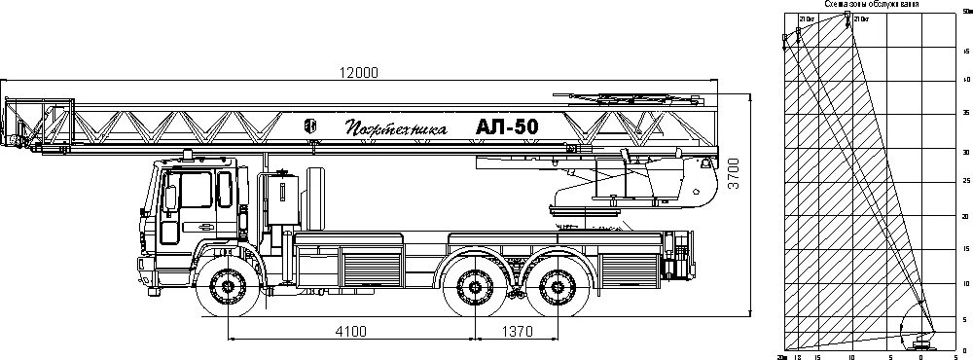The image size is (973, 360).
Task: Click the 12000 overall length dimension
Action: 359,72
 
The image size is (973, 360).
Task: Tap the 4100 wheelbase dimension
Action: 350,331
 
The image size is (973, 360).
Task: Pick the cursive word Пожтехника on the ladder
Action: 395,127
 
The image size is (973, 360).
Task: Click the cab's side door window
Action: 197,191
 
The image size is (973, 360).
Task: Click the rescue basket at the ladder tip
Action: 39,122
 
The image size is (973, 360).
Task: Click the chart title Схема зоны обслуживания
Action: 873,5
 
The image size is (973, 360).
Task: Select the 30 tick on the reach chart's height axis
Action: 964,153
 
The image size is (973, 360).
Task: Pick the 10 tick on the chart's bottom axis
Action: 851,356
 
